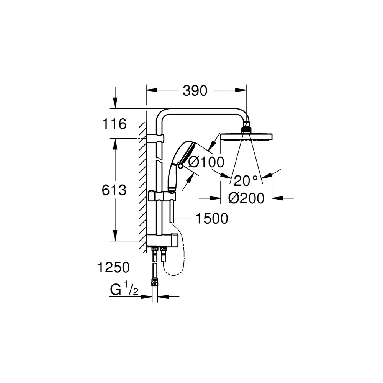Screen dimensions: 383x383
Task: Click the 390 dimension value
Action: pos(195,91)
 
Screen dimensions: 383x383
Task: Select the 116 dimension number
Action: pos(114,124)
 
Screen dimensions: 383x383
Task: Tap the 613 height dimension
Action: pos(114,190)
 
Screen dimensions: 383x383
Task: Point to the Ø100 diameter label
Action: pos(206,162)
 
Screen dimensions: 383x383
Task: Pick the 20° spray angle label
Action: pos(246,180)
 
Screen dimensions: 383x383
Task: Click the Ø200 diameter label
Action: pos(246,198)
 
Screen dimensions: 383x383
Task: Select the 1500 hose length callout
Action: pos(212,218)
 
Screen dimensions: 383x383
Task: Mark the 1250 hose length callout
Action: pos(114,267)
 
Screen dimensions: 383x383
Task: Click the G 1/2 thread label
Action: pos(124,288)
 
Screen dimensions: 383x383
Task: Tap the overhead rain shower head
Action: pos(246,137)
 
